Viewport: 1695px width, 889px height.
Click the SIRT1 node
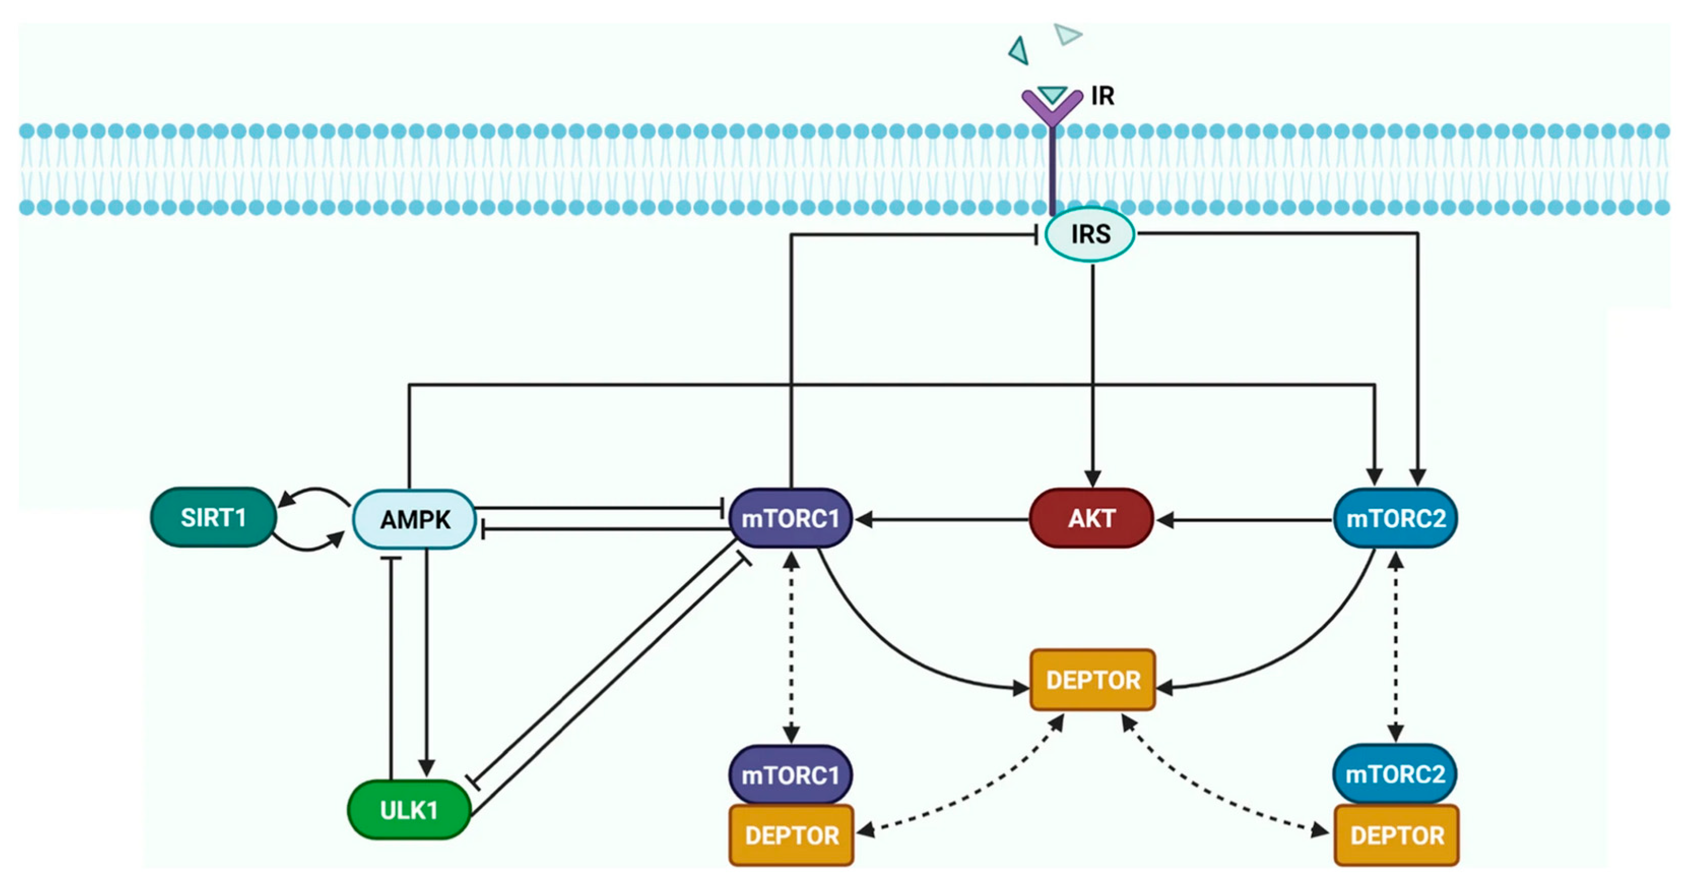click(213, 517)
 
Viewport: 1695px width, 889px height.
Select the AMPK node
click(414, 519)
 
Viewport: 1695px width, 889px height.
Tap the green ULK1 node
click(409, 810)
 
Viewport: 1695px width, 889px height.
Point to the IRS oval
click(1090, 234)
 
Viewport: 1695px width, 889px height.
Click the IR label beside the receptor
click(1103, 96)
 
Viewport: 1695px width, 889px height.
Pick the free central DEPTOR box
click(1092, 680)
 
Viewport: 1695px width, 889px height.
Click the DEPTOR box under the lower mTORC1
click(792, 835)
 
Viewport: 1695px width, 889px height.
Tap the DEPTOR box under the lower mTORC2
click(1396, 835)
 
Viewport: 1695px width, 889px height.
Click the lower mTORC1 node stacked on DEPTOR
click(791, 774)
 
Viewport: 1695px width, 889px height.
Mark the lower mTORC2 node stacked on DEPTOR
click(1395, 774)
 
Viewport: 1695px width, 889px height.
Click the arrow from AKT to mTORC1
click(942, 520)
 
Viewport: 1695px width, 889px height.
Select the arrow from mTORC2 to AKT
click(1244, 520)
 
